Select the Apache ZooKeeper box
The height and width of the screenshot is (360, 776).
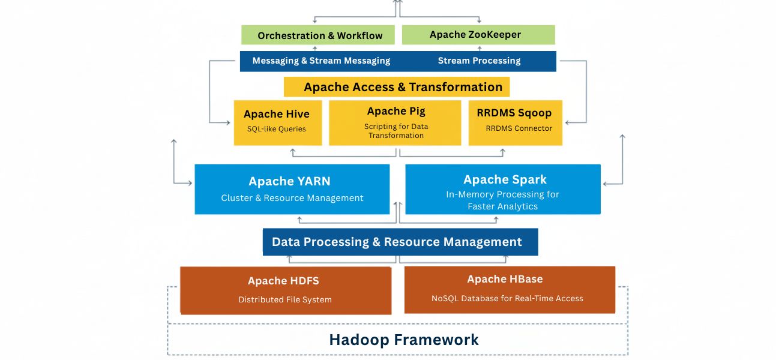click(478, 34)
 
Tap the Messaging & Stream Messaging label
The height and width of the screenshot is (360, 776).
click(321, 61)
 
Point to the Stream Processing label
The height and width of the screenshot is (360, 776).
click(479, 61)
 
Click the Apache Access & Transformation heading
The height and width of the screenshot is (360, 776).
click(403, 87)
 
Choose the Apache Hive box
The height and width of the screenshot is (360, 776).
click(277, 122)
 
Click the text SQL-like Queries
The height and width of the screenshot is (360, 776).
click(277, 129)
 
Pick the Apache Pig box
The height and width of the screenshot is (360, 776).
click(396, 122)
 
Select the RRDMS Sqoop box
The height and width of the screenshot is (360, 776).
click(515, 122)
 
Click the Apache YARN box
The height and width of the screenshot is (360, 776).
click(292, 189)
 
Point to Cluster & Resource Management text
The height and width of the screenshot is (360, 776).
click(292, 198)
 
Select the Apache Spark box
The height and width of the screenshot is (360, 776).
click(503, 189)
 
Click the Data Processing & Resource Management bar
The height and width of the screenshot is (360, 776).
click(400, 242)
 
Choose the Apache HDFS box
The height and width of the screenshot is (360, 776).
click(286, 290)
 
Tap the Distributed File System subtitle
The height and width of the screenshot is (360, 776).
click(285, 299)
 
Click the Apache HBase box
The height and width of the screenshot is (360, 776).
click(510, 289)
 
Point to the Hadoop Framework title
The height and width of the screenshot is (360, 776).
click(403, 340)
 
